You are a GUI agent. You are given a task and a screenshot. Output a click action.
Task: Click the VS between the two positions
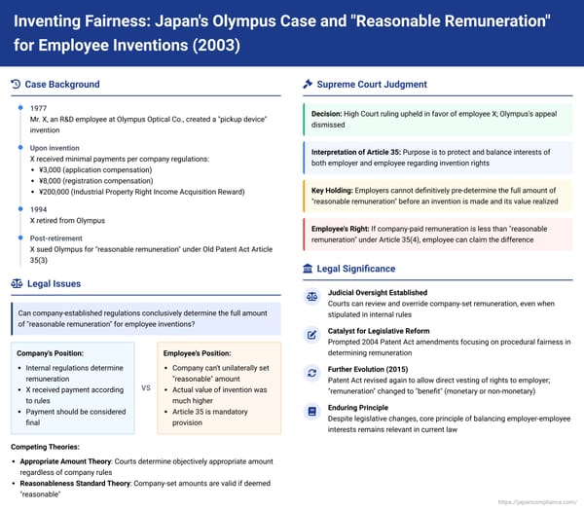(x=146, y=387)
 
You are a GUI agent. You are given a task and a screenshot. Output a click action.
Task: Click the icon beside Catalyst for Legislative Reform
(x=311, y=335)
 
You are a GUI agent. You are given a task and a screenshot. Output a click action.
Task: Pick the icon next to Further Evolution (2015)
(x=311, y=373)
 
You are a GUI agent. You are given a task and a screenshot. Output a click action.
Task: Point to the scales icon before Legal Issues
(x=17, y=282)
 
